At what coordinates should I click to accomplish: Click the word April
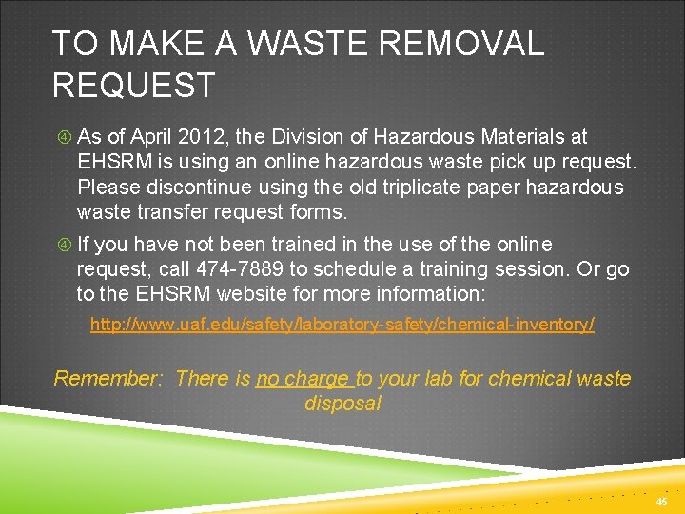coord(149,137)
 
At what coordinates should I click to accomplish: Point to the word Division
coord(289,137)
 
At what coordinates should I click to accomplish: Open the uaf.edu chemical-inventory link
coord(342,325)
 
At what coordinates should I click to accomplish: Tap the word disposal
coord(342,403)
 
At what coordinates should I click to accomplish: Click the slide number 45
coord(662,501)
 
